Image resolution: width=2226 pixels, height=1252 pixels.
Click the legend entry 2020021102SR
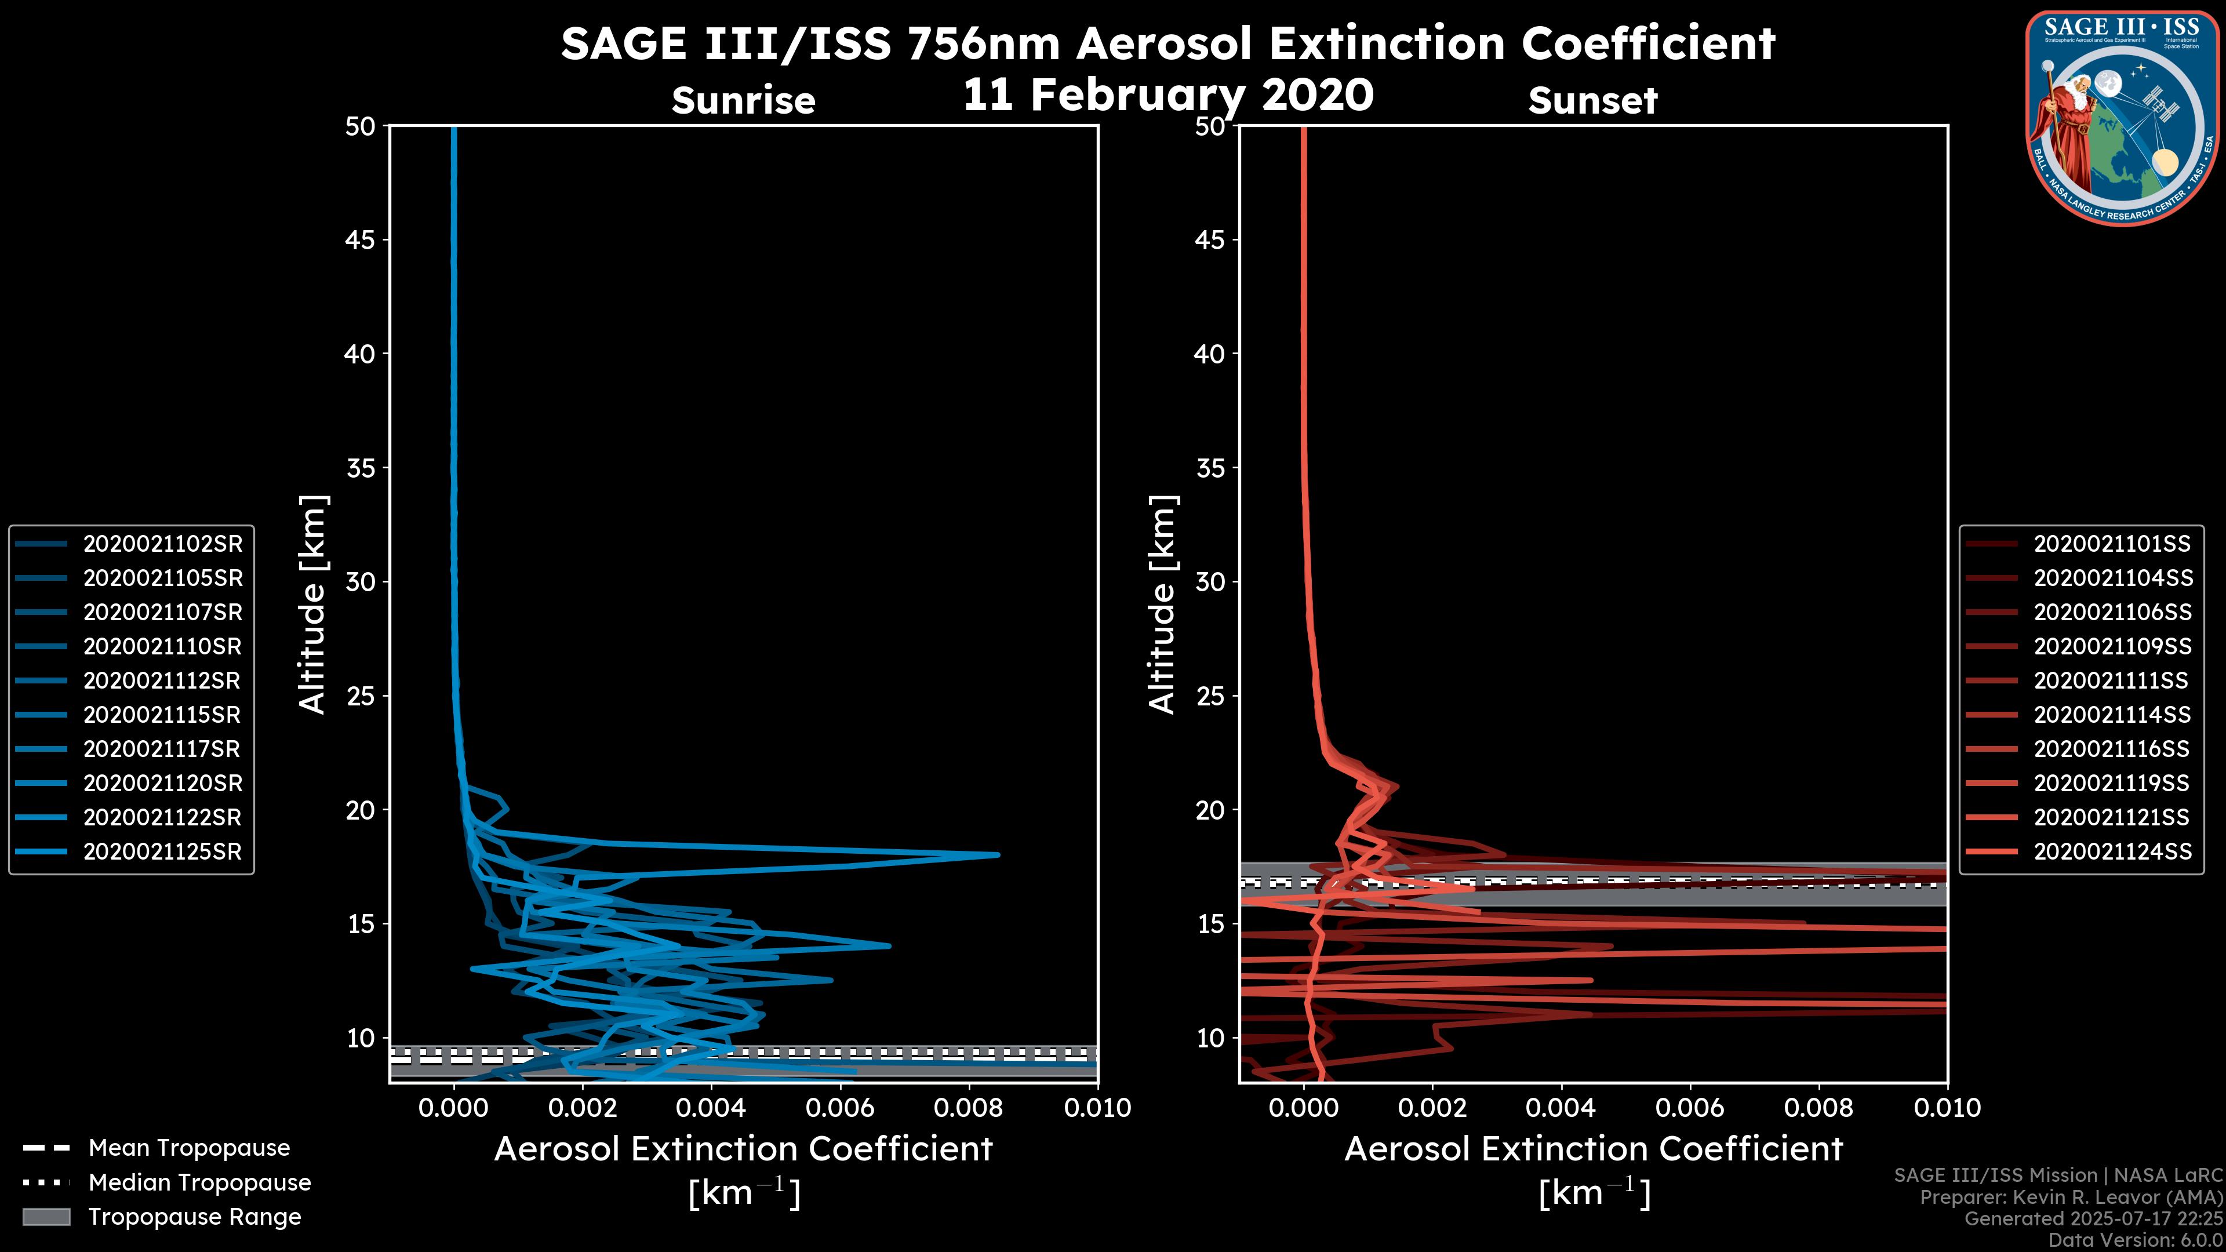pyautogui.click(x=162, y=544)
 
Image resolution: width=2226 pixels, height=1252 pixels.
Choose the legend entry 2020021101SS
pyautogui.click(x=2112, y=544)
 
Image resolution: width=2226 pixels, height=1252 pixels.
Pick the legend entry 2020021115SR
pyautogui.click(x=162, y=715)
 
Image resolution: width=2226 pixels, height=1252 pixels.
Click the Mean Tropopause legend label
pyautogui.click(x=189, y=1148)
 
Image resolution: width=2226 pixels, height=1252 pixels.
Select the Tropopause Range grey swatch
pyautogui.click(x=46, y=1217)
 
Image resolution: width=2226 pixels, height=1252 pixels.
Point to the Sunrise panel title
pyautogui.click(x=743, y=101)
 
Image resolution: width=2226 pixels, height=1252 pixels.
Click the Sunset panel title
pyautogui.click(x=1592, y=101)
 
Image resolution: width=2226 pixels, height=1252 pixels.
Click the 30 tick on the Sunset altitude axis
pyautogui.click(x=1210, y=581)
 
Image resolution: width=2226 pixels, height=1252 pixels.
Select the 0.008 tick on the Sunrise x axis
pyautogui.click(x=970, y=1108)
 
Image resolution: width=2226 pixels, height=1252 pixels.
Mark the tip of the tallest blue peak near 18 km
pyautogui.click(x=998, y=854)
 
